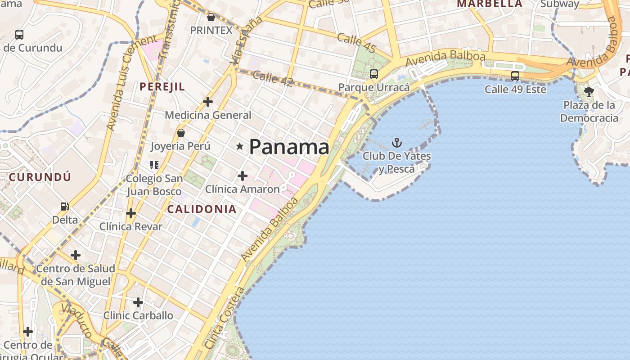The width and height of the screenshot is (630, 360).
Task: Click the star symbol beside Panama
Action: click(240, 147)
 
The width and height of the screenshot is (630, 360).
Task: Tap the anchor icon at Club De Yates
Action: click(396, 143)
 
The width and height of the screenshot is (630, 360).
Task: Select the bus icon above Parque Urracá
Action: click(373, 74)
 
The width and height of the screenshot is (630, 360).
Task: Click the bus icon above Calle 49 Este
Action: click(515, 76)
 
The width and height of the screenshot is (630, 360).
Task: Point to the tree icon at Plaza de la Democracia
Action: click(589, 92)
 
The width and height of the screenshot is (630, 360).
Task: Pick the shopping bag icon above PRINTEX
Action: click(211, 18)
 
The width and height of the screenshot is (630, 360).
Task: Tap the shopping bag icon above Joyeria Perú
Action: click(180, 133)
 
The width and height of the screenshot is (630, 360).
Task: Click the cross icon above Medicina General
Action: click(207, 102)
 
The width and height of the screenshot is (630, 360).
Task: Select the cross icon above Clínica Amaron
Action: click(242, 175)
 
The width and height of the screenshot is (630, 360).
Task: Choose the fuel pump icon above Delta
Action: click(65, 207)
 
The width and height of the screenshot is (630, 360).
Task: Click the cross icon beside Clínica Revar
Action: click(131, 213)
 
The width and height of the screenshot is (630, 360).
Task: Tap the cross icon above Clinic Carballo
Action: click(138, 302)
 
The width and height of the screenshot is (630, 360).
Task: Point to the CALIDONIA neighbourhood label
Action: click(202, 209)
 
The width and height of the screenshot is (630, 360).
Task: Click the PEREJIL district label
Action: click(162, 87)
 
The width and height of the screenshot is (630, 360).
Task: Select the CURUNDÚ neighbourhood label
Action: click(40, 177)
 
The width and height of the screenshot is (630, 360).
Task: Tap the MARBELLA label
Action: click(490, 4)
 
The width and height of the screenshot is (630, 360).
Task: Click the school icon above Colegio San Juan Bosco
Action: click(154, 165)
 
